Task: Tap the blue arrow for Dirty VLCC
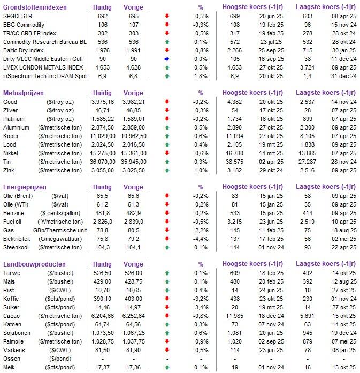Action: coord(167,59)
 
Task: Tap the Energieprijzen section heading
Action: coord(25,187)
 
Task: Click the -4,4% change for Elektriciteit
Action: coord(201,239)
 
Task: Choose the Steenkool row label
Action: coord(17,247)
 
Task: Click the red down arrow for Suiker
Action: coord(167,307)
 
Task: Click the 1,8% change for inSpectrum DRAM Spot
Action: coord(201,77)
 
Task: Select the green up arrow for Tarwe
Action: coord(167,273)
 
